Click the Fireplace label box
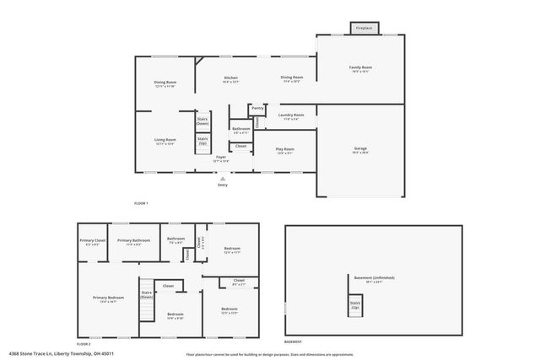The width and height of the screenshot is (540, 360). coord(364,28)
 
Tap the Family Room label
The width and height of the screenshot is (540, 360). coord(360,67)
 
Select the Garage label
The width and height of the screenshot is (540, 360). coord(360,149)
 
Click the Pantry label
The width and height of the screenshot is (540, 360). coord(257,108)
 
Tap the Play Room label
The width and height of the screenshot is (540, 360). coord(284,149)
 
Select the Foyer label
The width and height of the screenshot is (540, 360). coord(221,157)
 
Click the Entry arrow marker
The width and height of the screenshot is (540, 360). coord(223,179)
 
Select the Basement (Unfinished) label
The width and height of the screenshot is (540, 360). coord(374,277)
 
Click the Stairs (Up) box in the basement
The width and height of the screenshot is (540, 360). coord(355,304)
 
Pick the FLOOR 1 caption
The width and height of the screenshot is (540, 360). coord(141,204)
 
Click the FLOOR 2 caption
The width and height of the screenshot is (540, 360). coord(83,344)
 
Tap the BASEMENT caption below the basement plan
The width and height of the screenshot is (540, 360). coord(293,342)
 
